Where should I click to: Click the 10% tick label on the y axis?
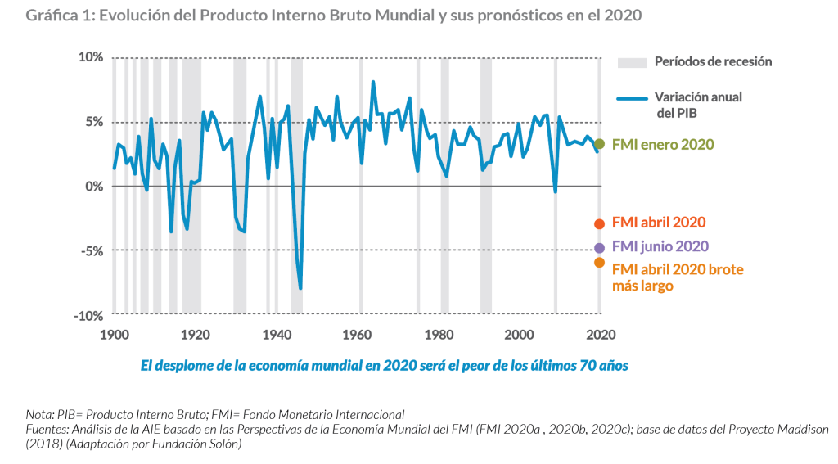(x=90, y=57)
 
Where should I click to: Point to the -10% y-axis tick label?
(x=88, y=316)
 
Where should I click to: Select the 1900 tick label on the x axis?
(x=114, y=334)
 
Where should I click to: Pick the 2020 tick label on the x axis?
(x=600, y=334)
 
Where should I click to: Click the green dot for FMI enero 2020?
(x=599, y=144)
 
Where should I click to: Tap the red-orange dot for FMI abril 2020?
(x=599, y=223)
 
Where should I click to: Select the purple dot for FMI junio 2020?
(x=599, y=247)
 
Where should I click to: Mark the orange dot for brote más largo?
(x=599, y=263)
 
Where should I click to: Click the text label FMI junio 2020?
(x=660, y=246)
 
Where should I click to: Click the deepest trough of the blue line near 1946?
(x=300, y=288)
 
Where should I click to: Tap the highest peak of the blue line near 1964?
(x=373, y=82)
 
